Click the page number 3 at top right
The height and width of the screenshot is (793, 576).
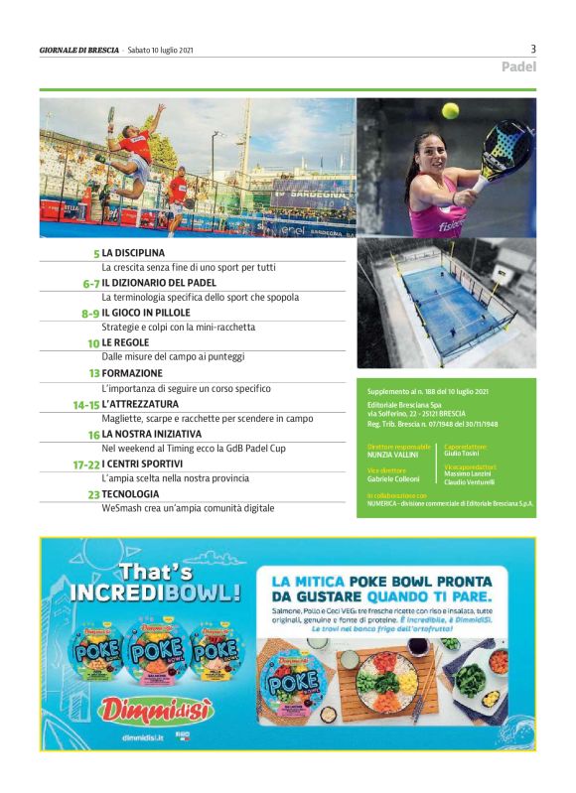(533, 49)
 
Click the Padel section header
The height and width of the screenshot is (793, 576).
(518, 67)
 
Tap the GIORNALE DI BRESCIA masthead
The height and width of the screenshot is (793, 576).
(79, 50)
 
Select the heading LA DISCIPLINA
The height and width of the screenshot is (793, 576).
(133, 253)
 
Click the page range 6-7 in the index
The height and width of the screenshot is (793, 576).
(90, 283)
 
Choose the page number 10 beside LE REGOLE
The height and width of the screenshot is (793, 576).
(93, 343)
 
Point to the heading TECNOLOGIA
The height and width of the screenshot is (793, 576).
(130, 493)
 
